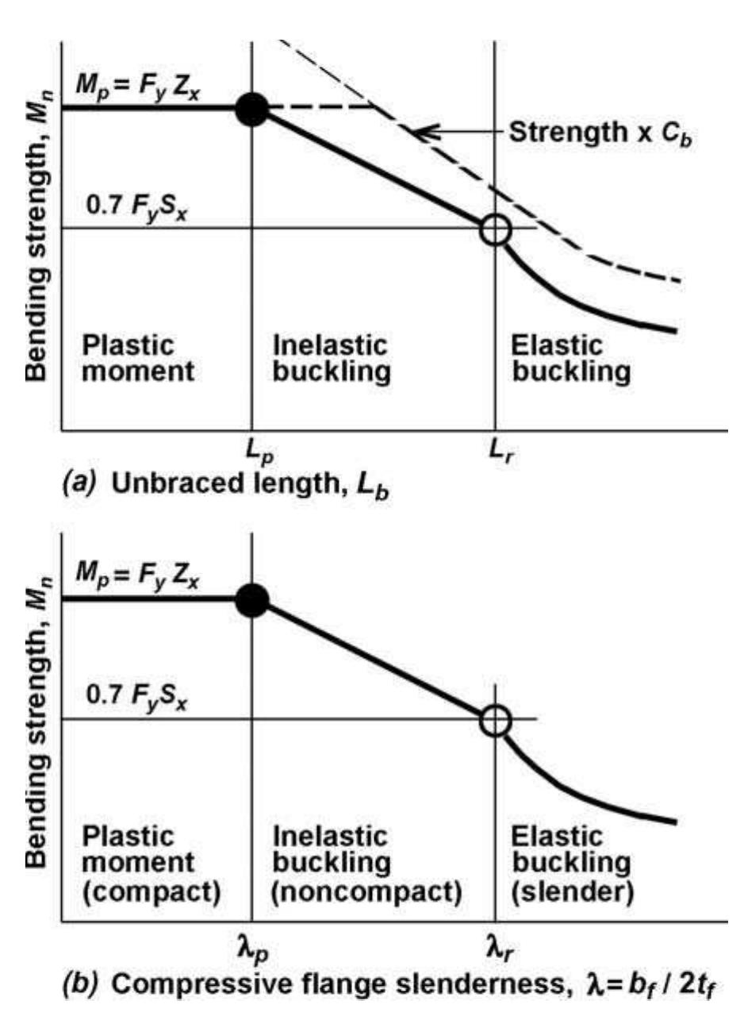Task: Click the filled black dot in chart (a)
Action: pyautogui.click(x=252, y=110)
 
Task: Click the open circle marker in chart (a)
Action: pyautogui.click(x=495, y=230)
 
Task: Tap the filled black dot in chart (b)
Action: pyautogui.click(x=252, y=600)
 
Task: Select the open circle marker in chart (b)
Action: pyautogui.click(x=495, y=721)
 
